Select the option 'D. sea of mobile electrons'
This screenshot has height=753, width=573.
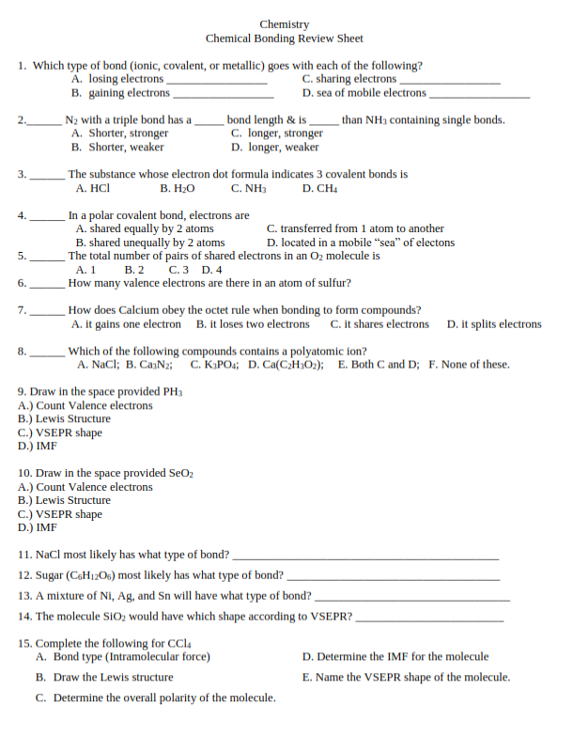click(364, 93)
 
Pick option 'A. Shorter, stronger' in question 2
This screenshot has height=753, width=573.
click(120, 133)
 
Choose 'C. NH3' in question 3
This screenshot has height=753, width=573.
click(249, 188)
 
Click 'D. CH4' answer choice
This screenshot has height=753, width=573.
click(319, 188)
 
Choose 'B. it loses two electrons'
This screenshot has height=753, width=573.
click(253, 324)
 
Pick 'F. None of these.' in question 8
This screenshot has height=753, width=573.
click(469, 365)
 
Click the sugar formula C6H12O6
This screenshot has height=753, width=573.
click(90, 575)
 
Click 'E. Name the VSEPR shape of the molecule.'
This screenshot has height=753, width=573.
click(406, 677)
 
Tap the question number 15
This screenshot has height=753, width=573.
click(24, 643)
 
